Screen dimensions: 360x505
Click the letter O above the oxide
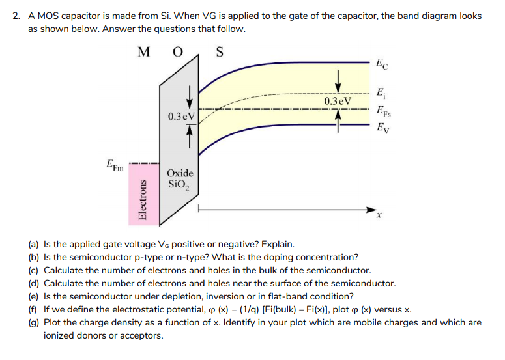point(176,51)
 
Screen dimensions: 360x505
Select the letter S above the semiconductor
point(219,51)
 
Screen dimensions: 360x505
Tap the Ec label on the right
point(381,64)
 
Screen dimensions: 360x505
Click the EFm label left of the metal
point(115,166)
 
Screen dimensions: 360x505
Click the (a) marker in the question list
point(33,245)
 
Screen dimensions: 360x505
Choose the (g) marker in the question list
point(33,322)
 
